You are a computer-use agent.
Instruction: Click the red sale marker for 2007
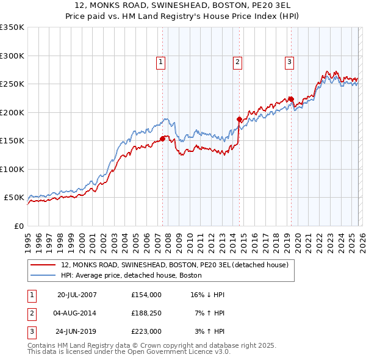tap(162, 139)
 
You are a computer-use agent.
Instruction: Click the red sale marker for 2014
tap(239, 119)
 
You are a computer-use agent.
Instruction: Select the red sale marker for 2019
tap(291, 99)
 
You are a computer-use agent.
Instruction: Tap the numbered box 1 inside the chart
tap(160, 61)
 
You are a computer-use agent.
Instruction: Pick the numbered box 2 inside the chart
tap(237, 61)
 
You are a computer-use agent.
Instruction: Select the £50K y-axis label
tap(14, 198)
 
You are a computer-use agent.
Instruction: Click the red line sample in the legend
tap(43, 265)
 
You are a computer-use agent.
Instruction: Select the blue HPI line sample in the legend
tap(43, 275)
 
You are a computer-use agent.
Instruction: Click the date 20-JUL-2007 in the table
tap(77, 295)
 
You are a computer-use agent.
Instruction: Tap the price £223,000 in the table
tap(146, 331)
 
